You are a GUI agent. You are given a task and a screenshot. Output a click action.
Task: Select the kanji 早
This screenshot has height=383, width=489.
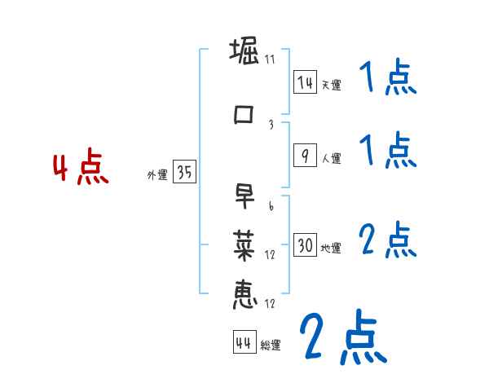244,196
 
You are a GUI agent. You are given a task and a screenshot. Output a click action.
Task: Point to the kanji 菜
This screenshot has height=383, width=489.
244,244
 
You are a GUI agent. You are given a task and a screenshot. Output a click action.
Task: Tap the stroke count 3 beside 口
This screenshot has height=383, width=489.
271,125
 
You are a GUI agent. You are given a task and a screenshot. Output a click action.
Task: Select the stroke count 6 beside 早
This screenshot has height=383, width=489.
271,207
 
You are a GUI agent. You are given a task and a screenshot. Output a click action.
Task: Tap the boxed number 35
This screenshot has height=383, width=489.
184,173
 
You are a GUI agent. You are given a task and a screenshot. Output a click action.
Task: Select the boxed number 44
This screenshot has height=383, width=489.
244,343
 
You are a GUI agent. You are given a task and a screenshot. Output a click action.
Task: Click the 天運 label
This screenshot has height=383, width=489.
331,85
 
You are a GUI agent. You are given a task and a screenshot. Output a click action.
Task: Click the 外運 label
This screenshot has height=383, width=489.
157,175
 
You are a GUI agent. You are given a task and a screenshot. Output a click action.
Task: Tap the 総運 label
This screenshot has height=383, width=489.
271,346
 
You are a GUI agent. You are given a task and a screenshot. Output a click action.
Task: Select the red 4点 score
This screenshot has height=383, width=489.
81,169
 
